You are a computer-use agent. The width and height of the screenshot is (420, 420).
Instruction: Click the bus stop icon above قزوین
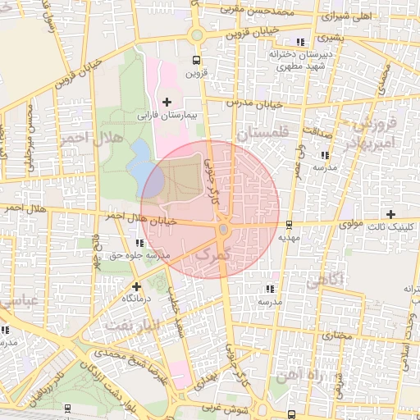195,60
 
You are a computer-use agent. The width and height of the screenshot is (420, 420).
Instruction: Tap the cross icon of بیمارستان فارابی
167,102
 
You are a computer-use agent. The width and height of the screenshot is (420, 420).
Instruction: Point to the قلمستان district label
262,131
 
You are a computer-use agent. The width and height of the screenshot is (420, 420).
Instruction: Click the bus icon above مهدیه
289,224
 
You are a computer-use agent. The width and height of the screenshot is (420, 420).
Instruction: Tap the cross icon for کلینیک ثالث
391,213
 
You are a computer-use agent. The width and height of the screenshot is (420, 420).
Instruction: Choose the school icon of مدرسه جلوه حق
139,244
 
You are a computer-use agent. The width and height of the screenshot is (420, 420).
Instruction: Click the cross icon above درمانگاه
136,286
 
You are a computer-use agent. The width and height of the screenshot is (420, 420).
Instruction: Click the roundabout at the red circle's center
222,230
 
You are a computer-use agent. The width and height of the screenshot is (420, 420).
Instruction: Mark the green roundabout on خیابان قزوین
196,34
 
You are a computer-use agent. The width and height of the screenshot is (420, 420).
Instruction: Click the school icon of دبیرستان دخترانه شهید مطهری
302,41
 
